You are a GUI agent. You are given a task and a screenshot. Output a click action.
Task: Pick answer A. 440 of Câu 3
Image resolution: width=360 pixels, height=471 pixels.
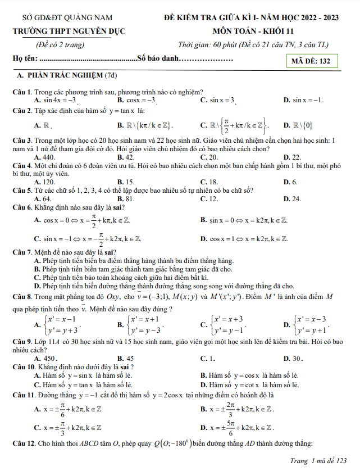tap(44, 157)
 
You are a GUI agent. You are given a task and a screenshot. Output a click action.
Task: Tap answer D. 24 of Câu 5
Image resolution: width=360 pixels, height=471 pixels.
tap(293, 198)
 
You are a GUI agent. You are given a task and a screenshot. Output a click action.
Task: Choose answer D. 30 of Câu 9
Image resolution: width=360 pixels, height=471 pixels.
tap(294, 358)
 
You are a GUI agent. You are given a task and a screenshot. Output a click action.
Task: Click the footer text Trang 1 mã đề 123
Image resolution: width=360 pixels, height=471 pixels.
tap(317, 461)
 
